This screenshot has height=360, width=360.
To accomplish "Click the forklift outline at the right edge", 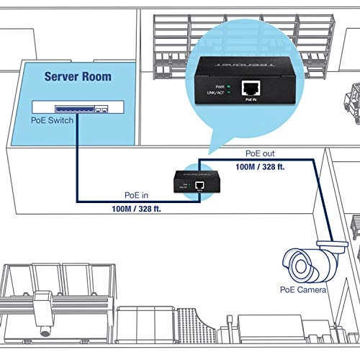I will pyautogui.click(x=351, y=94).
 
